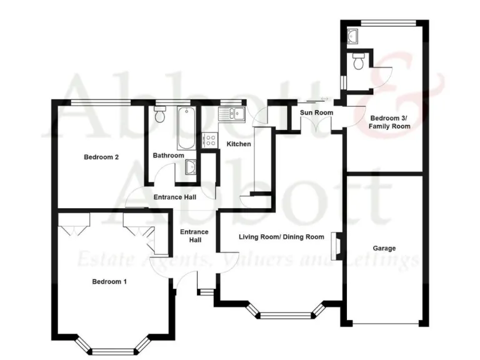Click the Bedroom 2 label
click(101, 157)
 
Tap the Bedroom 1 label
click(109, 281)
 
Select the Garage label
click(384, 248)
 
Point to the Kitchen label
click(238, 144)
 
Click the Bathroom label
click(168, 156)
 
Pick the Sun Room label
click(316, 112)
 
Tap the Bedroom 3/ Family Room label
click(389, 122)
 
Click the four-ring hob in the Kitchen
click(209, 141)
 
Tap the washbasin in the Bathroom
click(191, 166)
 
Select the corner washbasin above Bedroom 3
click(352, 35)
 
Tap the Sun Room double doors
click(316, 124)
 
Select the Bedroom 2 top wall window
click(100, 102)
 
